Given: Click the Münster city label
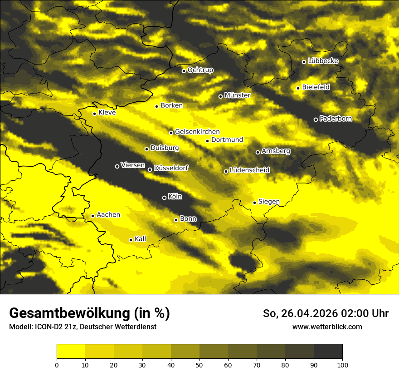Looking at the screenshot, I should (x=238, y=95).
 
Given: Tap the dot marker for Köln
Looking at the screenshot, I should (x=164, y=198).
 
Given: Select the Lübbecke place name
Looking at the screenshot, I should (x=323, y=61).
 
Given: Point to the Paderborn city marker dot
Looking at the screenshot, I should (x=316, y=119).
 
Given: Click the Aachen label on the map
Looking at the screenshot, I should (x=108, y=214).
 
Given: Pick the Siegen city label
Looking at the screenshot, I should (x=269, y=201).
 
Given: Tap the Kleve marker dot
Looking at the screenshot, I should (x=94, y=114).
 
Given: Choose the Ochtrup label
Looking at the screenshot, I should (x=200, y=70).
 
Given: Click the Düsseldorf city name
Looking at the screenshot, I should (x=171, y=168).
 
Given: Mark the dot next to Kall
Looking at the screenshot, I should (x=131, y=240).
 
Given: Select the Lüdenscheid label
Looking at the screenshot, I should (x=249, y=170).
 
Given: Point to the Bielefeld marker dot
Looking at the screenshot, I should (x=298, y=88).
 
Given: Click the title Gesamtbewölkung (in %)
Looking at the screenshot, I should (x=89, y=313).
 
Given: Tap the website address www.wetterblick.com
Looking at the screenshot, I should (x=327, y=327).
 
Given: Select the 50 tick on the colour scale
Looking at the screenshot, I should (x=199, y=365).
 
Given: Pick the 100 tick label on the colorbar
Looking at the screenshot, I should (x=342, y=365).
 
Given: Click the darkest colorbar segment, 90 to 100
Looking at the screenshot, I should (x=328, y=351).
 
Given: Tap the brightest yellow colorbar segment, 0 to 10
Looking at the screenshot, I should (x=71, y=351).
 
